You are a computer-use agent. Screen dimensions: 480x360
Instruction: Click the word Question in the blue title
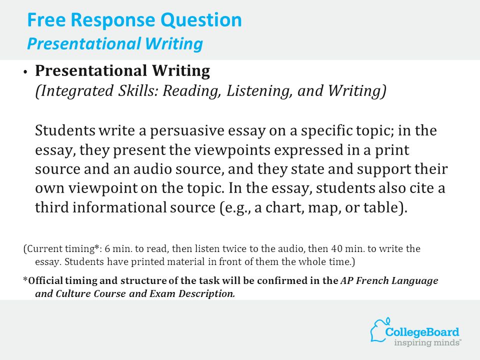pyautogui.click(x=201, y=20)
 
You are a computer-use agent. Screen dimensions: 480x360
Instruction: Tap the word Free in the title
pyautogui.click(x=46, y=19)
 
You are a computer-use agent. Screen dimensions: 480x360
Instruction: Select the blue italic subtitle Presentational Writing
pyautogui.click(x=115, y=44)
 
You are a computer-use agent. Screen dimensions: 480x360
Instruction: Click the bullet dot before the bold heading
pyautogui.click(x=25, y=72)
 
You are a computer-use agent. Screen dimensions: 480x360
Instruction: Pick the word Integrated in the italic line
pyautogui.click(x=74, y=91)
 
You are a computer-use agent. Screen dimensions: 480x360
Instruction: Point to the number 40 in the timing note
pyautogui.click(x=336, y=248)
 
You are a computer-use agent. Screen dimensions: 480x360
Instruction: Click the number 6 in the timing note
pyautogui.click(x=107, y=248)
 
